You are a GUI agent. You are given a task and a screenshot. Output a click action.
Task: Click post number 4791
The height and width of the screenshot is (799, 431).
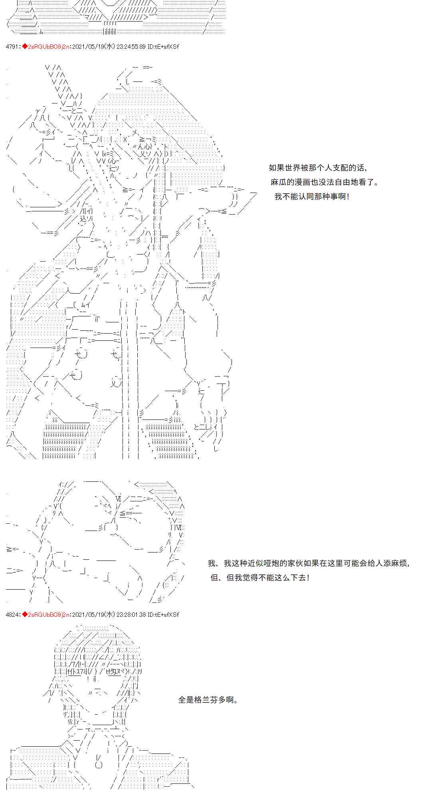point(12,47)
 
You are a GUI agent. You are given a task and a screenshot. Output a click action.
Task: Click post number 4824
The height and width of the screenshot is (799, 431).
point(12,614)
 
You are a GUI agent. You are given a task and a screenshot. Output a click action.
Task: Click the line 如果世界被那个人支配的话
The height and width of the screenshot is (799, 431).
point(318,168)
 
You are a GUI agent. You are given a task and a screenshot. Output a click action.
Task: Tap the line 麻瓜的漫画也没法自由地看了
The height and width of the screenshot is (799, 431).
point(324,182)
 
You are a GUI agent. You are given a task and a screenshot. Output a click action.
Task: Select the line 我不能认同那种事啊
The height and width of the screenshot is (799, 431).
point(312,197)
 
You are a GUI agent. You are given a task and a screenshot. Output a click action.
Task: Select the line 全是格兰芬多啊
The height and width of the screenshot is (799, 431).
point(208,700)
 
